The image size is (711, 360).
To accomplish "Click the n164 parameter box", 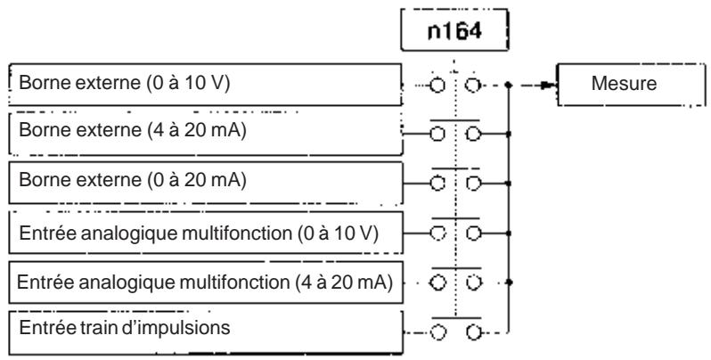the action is click(454, 30).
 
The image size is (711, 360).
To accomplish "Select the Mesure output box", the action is click(631, 85).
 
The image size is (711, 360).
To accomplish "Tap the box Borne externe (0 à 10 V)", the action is click(205, 85).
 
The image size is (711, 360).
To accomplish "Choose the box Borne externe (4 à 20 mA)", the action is click(205, 134).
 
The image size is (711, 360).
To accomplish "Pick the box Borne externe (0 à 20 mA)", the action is click(205, 183).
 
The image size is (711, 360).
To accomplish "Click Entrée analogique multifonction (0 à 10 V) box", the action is click(205, 233).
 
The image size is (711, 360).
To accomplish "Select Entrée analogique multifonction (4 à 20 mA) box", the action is click(205, 282).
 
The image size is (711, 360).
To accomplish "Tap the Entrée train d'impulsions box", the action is click(205, 332).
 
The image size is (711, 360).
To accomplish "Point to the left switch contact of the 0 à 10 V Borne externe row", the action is click(437, 86).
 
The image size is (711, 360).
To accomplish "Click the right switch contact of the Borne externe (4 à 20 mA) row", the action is click(473, 135).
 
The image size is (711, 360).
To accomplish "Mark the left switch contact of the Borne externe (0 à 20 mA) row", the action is click(437, 184).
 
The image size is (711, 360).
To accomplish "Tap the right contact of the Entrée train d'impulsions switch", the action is click(473, 333).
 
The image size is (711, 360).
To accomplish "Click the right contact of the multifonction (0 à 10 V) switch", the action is click(473, 233).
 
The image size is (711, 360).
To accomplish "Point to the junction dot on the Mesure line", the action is click(509, 85).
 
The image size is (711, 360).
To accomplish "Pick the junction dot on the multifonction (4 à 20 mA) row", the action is click(509, 282).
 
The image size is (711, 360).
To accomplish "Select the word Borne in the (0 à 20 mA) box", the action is click(42, 180).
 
